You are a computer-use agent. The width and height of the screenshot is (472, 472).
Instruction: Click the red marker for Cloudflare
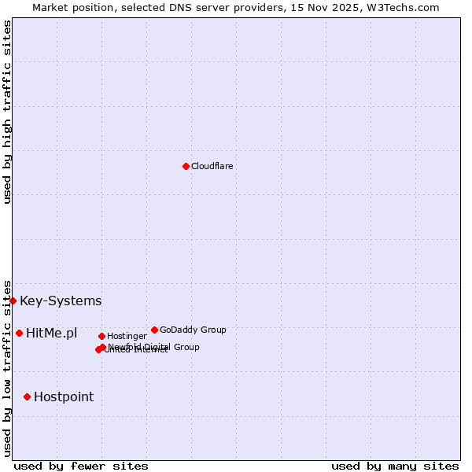(186, 166)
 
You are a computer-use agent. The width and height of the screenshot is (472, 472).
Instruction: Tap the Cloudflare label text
(212, 166)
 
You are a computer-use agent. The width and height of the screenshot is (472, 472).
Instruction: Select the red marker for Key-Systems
(13, 301)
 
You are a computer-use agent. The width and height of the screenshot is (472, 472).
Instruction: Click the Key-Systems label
(61, 301)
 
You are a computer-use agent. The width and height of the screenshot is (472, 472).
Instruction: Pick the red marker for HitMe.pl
(19, 333)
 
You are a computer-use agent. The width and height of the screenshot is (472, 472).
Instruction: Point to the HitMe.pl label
(52, 334)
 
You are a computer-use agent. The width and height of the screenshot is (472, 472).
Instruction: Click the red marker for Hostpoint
(27, 396)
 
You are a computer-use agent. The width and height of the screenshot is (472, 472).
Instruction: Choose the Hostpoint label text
(64, 397)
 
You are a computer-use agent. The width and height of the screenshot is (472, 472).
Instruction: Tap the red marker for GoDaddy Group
(154, 330)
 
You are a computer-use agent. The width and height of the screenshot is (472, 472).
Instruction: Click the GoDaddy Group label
(193, 330)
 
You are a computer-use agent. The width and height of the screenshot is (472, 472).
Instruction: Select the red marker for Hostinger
(101, 336)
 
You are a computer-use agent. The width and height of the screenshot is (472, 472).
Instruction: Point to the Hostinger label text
(127, 336)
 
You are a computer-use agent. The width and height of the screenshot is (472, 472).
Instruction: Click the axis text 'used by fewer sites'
(81, 466)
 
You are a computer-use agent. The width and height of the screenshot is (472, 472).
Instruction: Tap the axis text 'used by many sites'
(395, 466)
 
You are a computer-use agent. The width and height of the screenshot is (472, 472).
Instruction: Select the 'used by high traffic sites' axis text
(7, 112)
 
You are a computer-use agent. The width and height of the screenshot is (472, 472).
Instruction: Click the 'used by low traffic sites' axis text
(7, 367)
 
